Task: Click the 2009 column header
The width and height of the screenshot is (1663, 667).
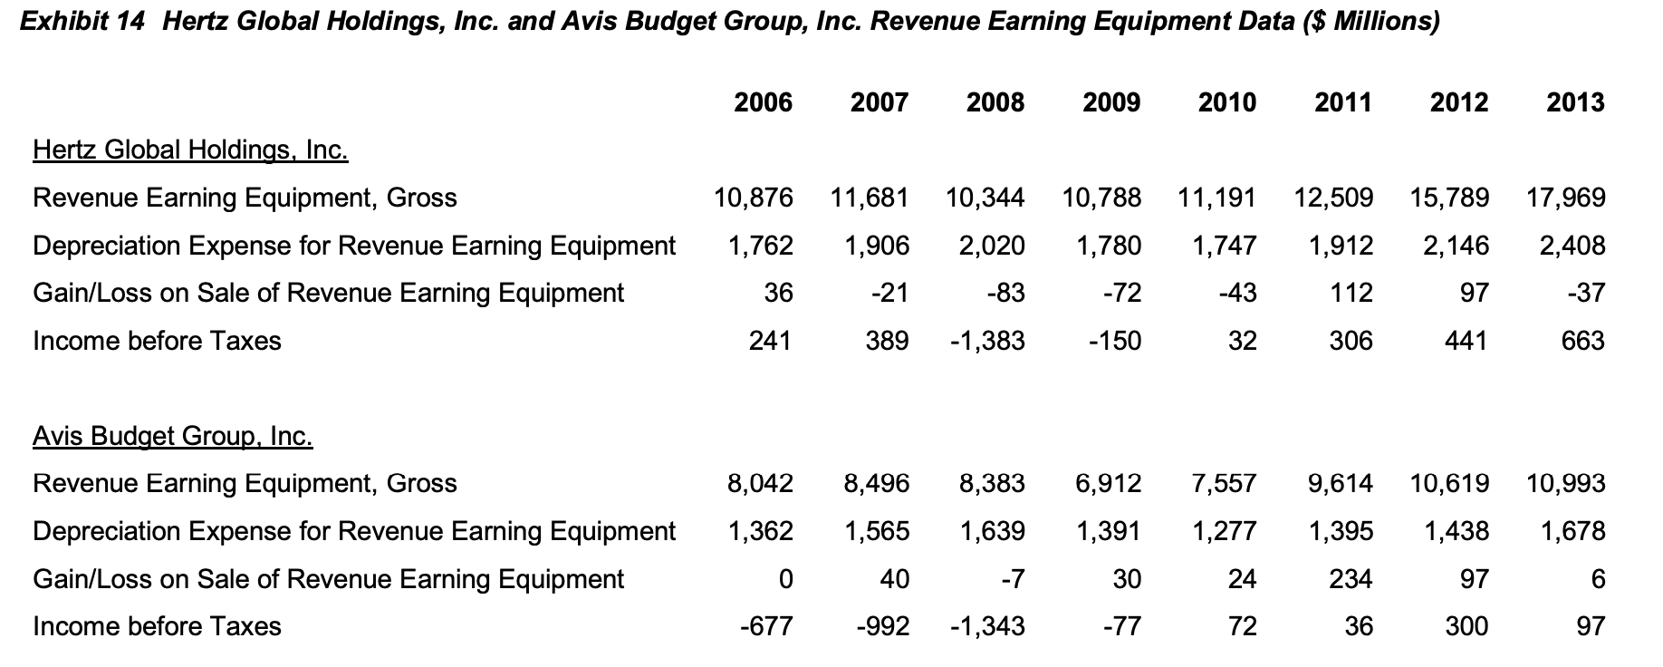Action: tap(1111, 102)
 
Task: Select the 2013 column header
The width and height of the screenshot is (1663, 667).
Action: tap(1575, 102)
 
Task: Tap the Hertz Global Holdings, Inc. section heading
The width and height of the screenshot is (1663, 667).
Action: tap(190, 150)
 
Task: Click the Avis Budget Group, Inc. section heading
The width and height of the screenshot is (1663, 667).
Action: tap(173, 437)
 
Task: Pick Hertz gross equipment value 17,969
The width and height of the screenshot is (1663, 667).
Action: tap(1566, 198)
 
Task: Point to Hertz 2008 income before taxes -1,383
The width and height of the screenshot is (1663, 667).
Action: tap(987, 341)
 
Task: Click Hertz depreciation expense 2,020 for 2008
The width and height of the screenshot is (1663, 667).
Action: tap(992, 246)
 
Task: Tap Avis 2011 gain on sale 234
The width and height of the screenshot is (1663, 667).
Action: tap(1351, 579)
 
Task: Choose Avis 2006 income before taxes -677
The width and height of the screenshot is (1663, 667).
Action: tap(766, 626)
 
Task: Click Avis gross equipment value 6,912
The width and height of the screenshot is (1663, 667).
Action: tap(1108, 484)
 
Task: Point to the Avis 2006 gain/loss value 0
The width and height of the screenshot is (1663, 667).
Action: tap(785, 579)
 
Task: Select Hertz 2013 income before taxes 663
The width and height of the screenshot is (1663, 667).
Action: tap(1582, 341)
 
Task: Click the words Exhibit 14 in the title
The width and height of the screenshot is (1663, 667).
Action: tap(82, 22)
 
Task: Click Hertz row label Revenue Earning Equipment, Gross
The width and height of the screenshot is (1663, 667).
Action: tap(245, 198)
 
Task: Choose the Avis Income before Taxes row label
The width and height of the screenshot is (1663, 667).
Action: tap(157, 626)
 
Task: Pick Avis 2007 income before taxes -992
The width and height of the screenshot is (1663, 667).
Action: tap(882, 626)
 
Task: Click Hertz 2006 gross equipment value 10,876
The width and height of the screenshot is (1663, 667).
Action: tap(754, 198)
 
